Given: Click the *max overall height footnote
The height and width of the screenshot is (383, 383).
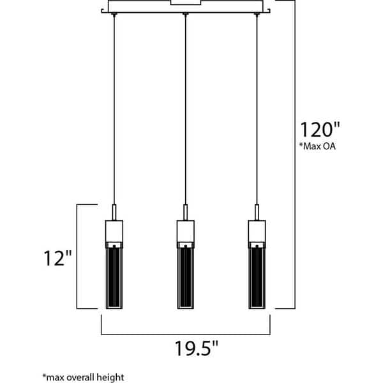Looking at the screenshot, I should coord(82,377).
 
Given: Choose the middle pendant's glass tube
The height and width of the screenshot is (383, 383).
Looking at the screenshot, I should coord(185,274).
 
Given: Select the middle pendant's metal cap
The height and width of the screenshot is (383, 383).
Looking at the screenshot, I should coord(185,230).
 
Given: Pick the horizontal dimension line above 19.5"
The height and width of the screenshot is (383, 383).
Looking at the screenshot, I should coord(185,333).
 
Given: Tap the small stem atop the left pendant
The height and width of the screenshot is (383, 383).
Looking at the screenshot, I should coord(114,213).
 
